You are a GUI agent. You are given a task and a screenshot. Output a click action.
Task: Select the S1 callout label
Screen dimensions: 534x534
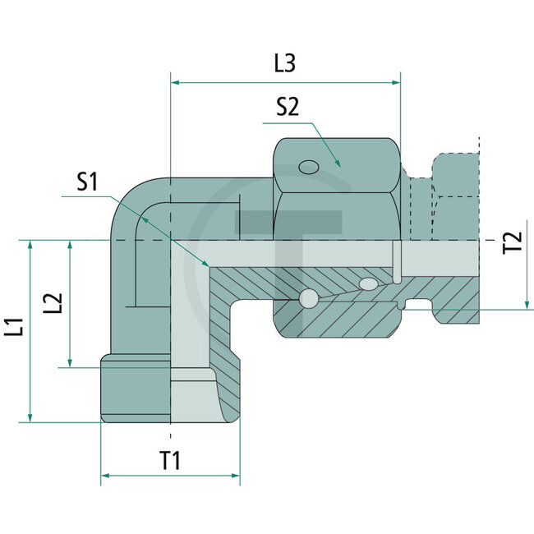click(89, 182)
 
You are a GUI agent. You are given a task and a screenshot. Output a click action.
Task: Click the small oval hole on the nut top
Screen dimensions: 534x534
click(309, 168)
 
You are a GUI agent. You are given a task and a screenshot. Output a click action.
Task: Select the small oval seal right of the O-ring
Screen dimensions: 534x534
click(369, 285)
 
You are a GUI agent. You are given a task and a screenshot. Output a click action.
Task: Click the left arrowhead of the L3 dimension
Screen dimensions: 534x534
click(175, 82)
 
